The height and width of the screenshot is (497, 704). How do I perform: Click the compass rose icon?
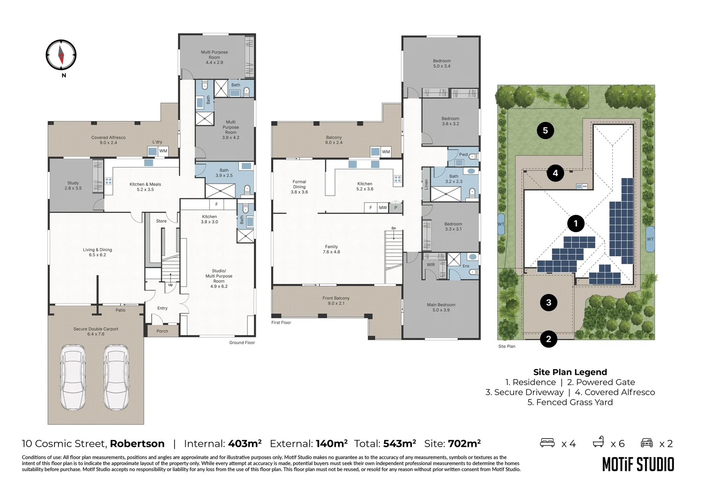[61, 55]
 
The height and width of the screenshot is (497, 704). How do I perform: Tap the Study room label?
[73, 185]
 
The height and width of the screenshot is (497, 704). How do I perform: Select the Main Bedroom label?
[441, 307]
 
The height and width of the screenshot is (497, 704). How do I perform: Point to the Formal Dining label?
[299, 187]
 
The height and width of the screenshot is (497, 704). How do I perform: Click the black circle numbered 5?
[546, 130]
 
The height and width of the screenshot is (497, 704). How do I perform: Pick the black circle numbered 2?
[548, 339]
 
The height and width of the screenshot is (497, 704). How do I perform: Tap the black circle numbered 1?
[576, 223]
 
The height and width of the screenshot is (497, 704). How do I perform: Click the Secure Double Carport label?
[96, 331]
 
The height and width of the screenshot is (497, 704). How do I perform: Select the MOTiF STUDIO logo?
[638, 465]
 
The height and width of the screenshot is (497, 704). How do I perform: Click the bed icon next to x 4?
[547, 443]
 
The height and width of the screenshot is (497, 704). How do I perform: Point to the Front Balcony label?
[336, 301]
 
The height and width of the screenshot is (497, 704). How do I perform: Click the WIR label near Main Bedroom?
[431, 265]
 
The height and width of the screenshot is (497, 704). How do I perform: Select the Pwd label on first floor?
[463, 155]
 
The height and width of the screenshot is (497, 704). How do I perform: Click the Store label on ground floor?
[161, 221]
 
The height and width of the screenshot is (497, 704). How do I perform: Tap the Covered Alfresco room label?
[108, 140]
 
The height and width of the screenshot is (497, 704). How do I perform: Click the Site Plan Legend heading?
[570, 372]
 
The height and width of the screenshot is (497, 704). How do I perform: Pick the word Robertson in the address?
[137, 444]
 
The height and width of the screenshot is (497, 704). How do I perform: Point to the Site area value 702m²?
[464, 443]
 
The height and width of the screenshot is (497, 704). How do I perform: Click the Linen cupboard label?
[426, 184]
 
